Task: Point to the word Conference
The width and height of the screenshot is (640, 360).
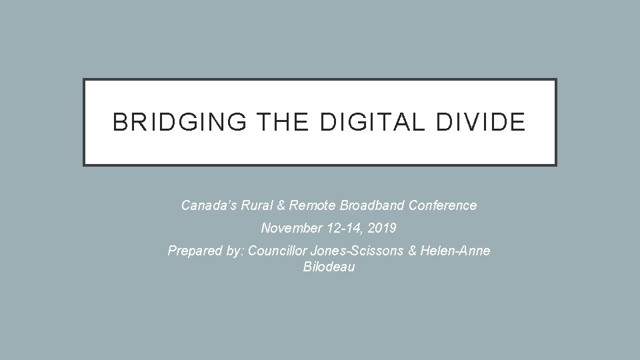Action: click(446, 205)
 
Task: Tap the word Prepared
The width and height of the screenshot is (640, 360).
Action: click(191, 251)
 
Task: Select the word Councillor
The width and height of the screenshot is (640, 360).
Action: click(274, 251)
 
